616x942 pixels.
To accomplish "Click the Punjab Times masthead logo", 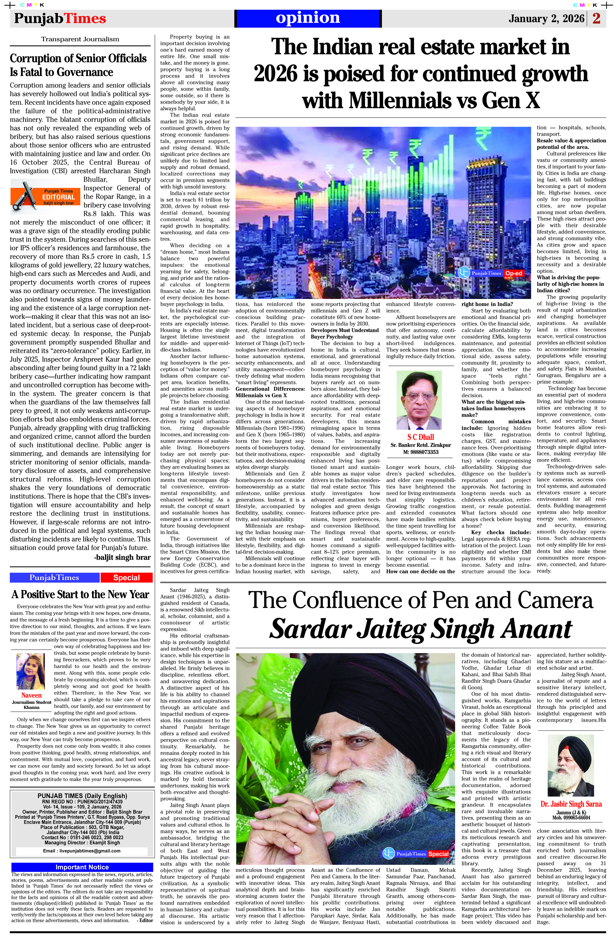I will pos(60,18).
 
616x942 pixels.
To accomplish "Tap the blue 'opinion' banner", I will pos(308,18).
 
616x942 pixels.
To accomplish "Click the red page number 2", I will pos(596,18).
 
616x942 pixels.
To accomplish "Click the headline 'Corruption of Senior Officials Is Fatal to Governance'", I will pos(78,65).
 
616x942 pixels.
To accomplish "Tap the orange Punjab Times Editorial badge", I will pos(46,196).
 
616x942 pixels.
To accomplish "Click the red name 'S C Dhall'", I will pos(420,437).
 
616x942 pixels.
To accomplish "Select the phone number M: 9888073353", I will pos(420,452).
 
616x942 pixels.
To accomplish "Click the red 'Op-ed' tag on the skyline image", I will pos(513,273).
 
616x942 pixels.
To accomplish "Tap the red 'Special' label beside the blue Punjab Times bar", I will pos(126,577).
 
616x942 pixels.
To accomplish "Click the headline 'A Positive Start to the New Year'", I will pos(80,595).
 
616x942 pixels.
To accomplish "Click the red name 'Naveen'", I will pos(31,695).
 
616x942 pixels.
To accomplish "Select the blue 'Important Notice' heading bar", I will pos(82,867).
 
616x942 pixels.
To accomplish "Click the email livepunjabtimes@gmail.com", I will pos(82,851).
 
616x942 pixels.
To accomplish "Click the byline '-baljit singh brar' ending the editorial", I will pos(122,557).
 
